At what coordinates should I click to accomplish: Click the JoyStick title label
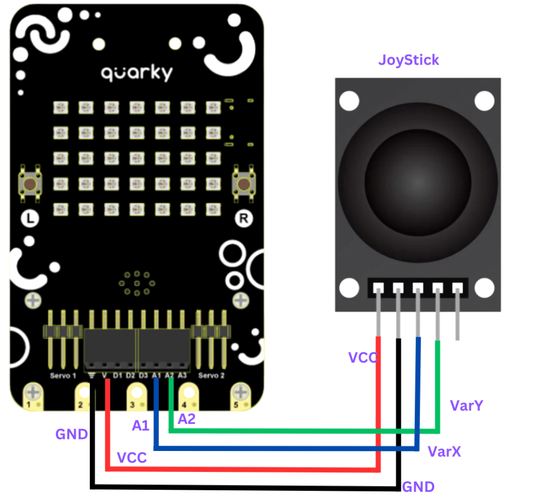pos(408,60)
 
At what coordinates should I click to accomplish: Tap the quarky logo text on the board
pos(137,73)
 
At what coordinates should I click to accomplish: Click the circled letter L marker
pos(29,218)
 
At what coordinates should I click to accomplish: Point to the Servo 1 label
pos(63,376)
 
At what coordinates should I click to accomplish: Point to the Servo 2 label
pos(212,376)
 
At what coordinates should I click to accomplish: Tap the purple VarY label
pos(467,406)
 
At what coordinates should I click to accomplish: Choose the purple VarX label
pos(444,452)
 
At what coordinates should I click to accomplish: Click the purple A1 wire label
pos(140,426)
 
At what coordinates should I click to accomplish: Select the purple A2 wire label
pos(186,419)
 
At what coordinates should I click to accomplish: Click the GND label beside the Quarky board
pos(72,434)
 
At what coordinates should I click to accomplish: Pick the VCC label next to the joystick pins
pos(363,358)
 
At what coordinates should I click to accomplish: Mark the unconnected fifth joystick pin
pos(457,313)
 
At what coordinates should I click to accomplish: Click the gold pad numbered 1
pos(33,396)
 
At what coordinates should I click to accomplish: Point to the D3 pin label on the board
pos(143,376)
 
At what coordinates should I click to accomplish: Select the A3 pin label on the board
pos(182,376)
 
